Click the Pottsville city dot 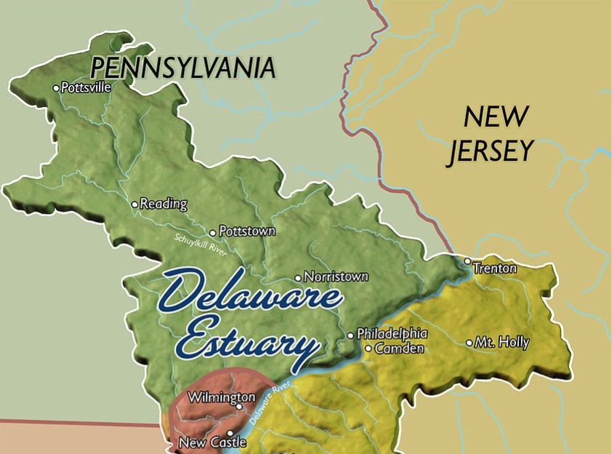coord(56,88)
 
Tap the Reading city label coord(163,204)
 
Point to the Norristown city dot coord(298,277)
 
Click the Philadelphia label coord(392,333)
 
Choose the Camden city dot coord(369,349)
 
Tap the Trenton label coord(495,268)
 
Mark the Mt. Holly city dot coord(469,342)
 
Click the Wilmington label coord(222,397)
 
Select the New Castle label coord(207,442)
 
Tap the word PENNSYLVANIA coord(182,68)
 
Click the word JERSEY coord(491,151)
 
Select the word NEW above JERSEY coord(496,116)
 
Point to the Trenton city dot coord(468,260)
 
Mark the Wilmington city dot coord(239,406)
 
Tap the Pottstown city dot coord(213,233)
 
